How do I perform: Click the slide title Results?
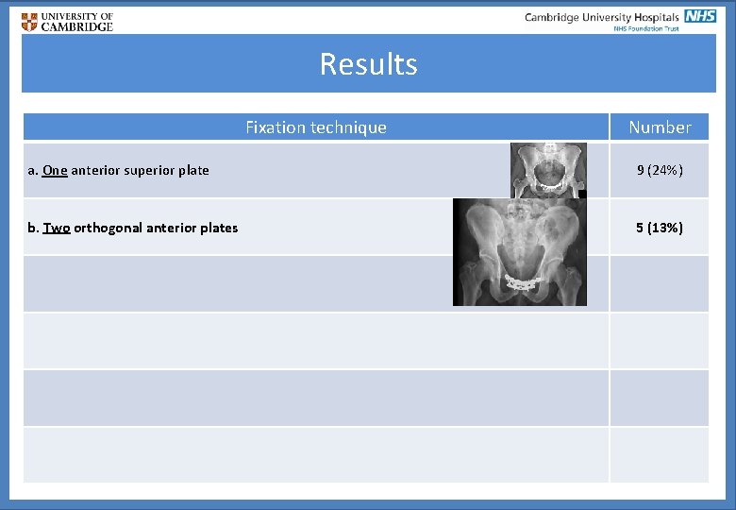368,64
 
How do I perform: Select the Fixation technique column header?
315,127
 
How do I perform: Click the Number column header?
660,127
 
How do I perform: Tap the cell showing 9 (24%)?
660,171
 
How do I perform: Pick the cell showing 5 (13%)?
660,228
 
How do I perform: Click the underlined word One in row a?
55,171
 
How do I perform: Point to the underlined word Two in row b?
57,228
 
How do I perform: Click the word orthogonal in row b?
109,228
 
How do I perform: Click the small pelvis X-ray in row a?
548,170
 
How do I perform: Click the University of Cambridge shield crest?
30,22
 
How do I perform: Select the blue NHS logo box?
700,16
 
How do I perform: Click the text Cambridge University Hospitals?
601,17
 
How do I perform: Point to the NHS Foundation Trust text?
646,29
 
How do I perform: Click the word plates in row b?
220,228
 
